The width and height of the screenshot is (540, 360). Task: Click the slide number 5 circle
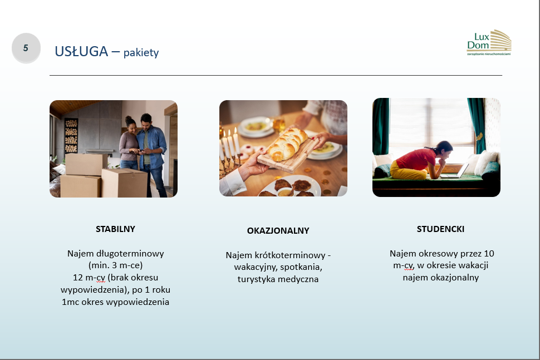26,48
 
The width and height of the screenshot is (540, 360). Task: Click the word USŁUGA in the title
81,52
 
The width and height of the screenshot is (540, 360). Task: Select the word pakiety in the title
141,53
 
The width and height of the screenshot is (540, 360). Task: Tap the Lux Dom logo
489,43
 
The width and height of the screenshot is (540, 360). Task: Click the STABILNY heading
115,229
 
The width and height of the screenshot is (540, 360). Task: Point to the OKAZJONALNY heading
278,230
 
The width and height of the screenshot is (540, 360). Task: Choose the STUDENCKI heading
440,229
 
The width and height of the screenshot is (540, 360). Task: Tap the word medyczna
299,279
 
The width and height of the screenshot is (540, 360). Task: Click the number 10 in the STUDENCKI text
489,253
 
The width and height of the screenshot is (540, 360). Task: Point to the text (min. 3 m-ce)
115,265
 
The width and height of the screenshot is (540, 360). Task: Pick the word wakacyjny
255,267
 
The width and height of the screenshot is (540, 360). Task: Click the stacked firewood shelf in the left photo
71,136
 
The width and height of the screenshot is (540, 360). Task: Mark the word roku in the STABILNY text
161,289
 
